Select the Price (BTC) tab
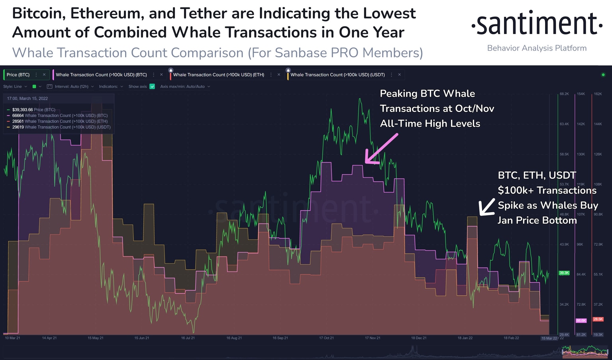coord(18,75)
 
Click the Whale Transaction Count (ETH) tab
coord(218,75)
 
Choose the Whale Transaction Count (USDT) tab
coord(337,75)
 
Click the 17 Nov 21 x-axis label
coord(373,338)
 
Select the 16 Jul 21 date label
coord(188,338)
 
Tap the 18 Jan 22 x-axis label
coord(465,338)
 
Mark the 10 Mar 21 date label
coord(12,338)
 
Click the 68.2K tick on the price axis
coord(564,94)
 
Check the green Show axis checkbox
coord(152,86)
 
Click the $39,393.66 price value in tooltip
coord(22,110)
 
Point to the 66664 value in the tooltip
coord(18,115)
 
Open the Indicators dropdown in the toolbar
coord(111,86)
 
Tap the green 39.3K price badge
coord(564,273)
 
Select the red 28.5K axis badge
coord(598,319)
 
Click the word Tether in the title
coord(204,14)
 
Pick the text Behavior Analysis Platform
coord(537,48)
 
